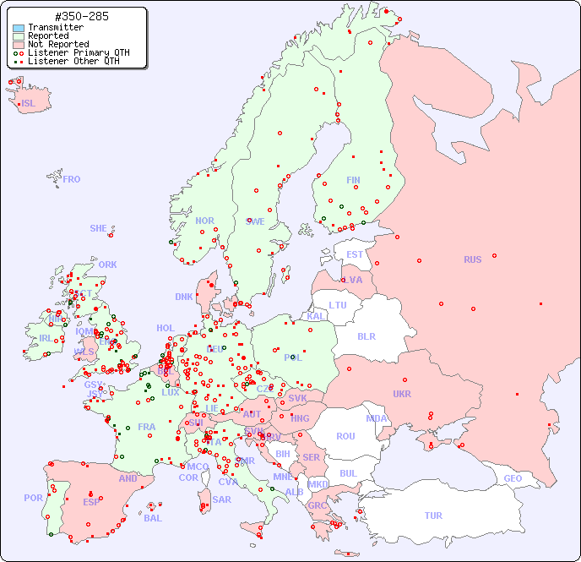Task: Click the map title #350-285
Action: (80, 17)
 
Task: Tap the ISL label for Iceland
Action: (29, 104)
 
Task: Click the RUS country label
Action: (472, 259)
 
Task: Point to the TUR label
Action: (433, 516)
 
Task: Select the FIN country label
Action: (353, 180)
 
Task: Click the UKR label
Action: (402, 394)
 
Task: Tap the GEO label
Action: (513, 478)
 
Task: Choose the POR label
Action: (33, 498)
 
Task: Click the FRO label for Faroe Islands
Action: (72, 179)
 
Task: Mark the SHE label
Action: (99, 228)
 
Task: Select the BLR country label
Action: (366, 336)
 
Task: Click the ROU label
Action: (345, 436)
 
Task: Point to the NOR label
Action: (204, 221)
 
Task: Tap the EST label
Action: (355, 254)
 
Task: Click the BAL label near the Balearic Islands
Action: (152, 518)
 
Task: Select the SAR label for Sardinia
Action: (221, 499)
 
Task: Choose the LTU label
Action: (338, 305)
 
